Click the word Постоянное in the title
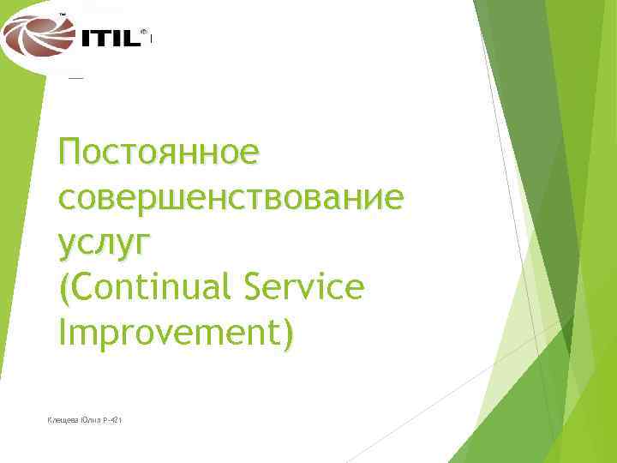pos(159,154)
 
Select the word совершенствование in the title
pos(231,199)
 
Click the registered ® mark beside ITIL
pos(143,29)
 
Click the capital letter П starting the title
pos(73,154)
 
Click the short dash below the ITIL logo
pos(75,77)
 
